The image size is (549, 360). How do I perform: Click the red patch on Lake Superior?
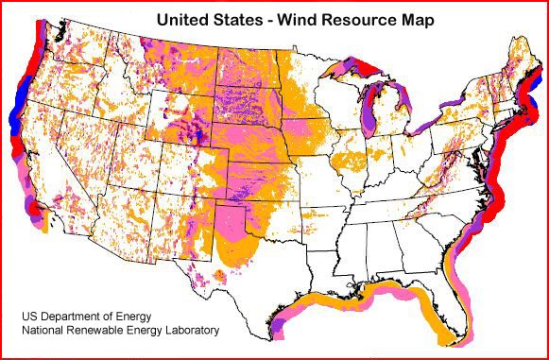pos(361,69)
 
